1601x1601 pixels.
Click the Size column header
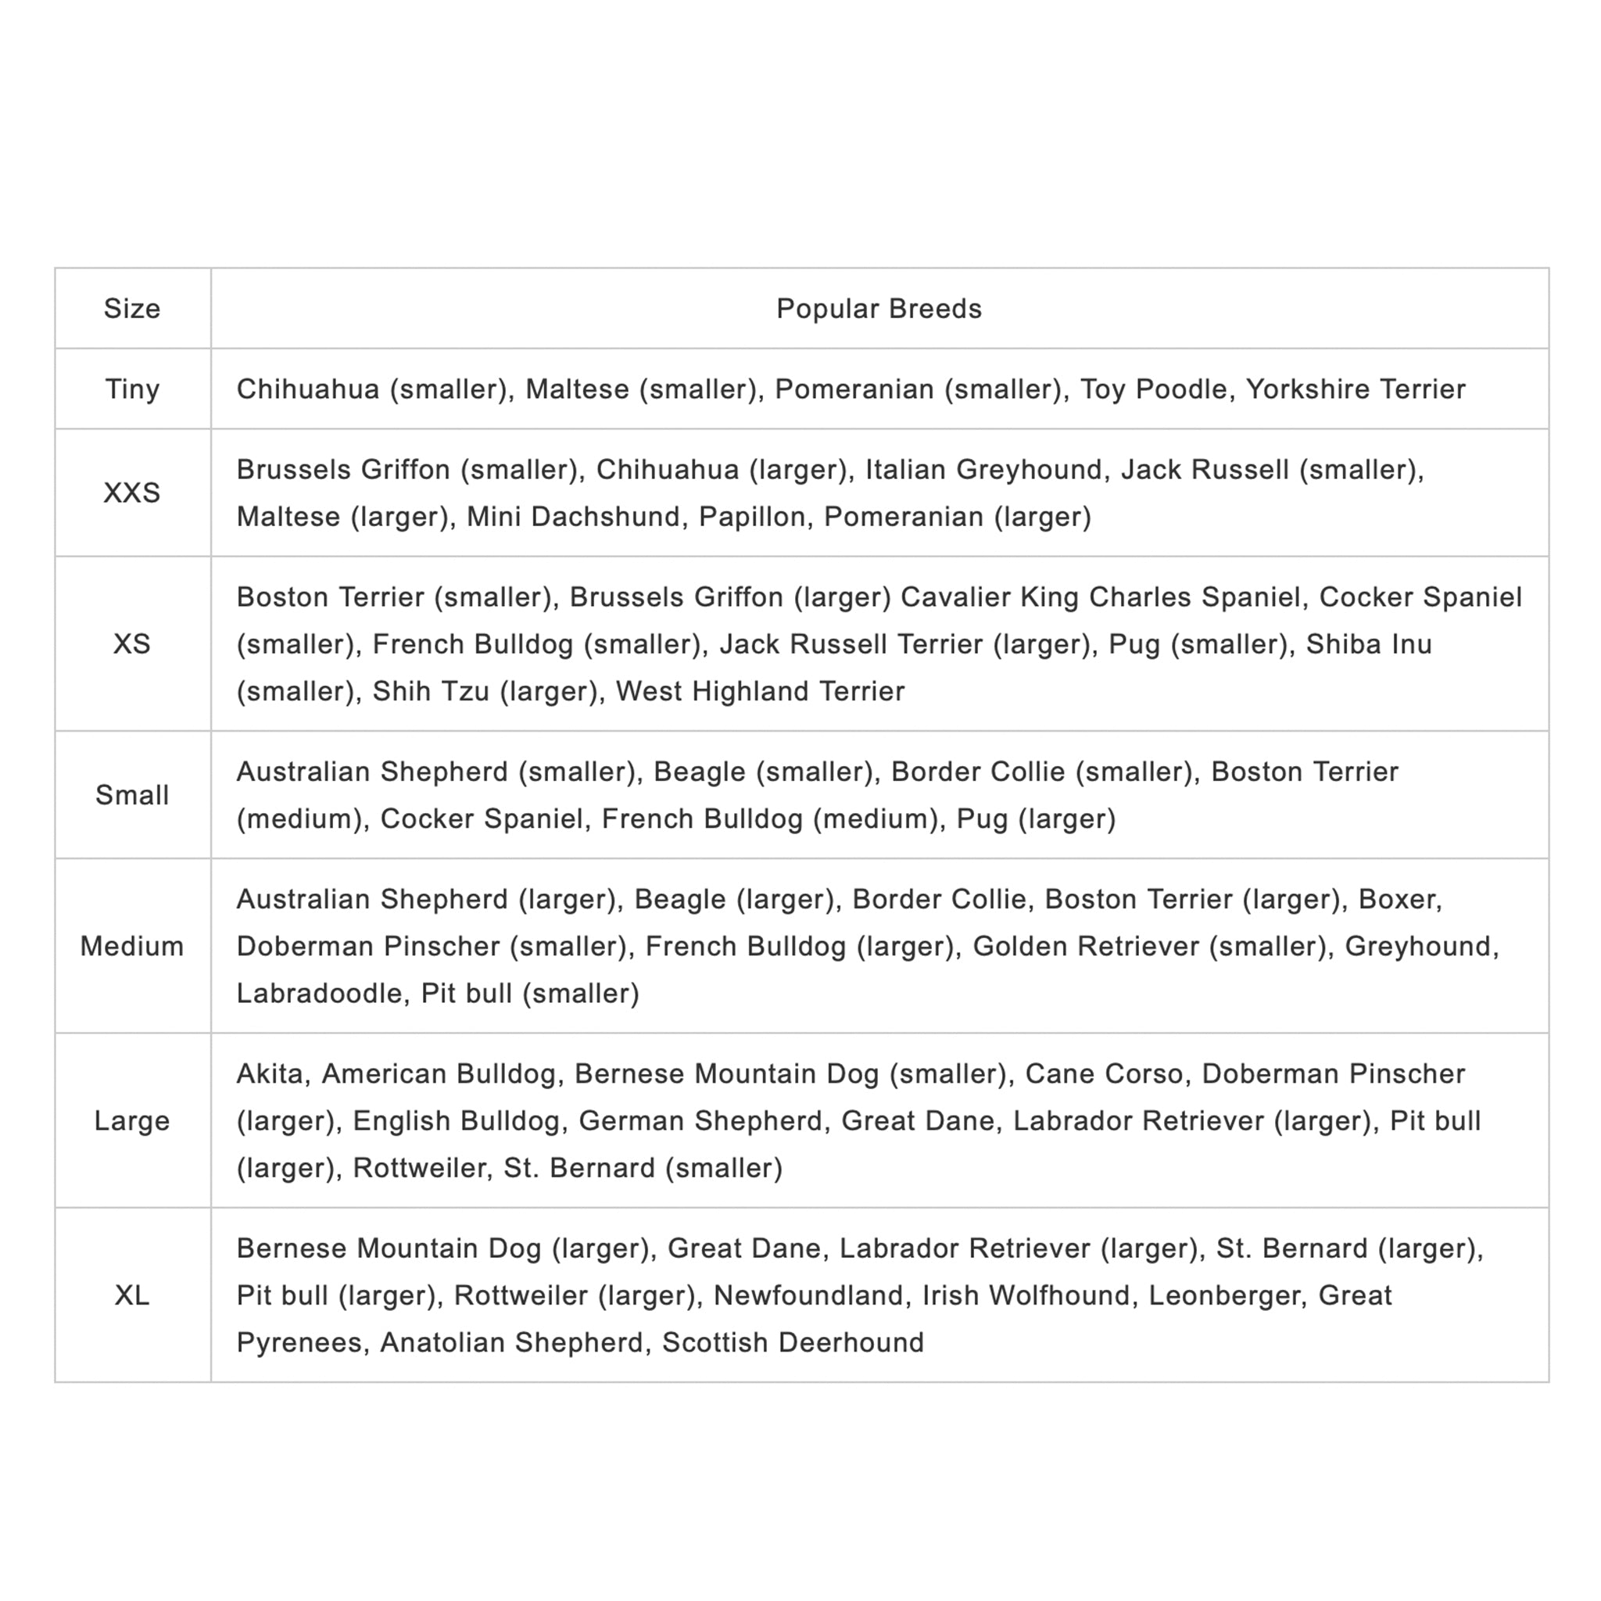(132, 308)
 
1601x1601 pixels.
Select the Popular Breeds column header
(879, 308)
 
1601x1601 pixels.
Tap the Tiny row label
(132, 389)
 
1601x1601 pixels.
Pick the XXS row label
(132, 492)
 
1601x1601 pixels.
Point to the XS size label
(132, 644)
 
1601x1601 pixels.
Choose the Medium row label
(132, 946)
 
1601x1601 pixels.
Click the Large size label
(132, 1120)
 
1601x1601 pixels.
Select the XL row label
(132, 1295)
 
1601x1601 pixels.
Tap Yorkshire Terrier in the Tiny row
(1356, 389)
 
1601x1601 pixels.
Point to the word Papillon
(751, 516)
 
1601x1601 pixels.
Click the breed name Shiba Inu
(1369, 644)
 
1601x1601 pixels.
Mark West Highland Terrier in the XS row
(760, 691)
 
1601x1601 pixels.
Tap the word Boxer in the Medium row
(1398, 899)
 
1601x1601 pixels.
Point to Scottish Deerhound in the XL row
(792, 1342)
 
